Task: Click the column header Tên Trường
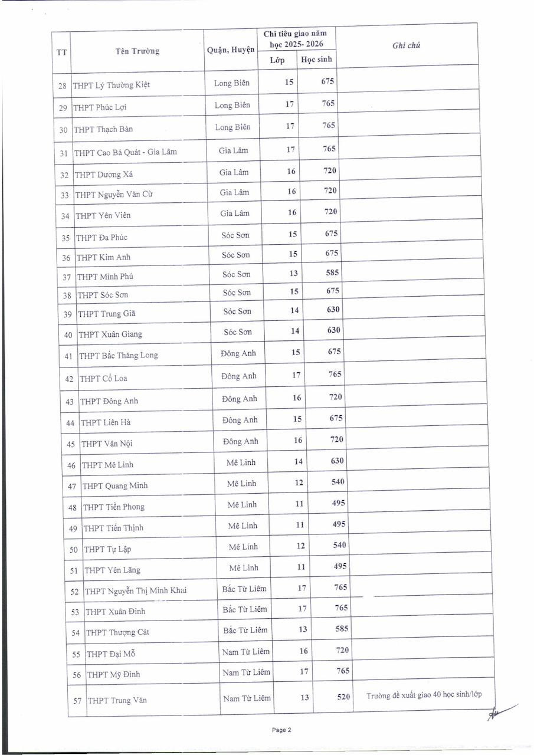click(137, 51)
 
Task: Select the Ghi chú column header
click(406, 46)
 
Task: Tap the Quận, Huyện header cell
click(231, 50)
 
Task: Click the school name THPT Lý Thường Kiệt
click(112, 85)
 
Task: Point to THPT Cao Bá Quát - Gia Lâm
click(126, 152)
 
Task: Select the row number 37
click(66, 277)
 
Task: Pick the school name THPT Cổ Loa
click(103, 378)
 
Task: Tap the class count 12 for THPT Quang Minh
click(299, 482)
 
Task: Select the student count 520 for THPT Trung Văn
click(343, 697)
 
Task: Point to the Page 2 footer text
click(281, 730)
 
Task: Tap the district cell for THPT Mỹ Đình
click(246, 672)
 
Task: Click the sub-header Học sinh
click(317, 59)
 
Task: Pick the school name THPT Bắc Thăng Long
click(119, 356)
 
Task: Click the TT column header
click(61, 52)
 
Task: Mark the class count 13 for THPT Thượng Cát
click(303, 629)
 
